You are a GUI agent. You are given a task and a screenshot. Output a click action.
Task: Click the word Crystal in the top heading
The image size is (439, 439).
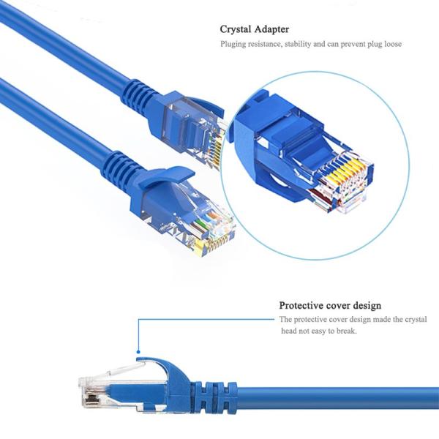(236, 29)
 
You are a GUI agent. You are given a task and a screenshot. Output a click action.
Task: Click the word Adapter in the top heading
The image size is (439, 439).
(272, 29)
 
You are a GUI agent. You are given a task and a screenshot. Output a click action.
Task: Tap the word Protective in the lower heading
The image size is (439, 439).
(301, 305)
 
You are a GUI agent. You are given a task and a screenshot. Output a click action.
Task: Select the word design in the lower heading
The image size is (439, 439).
(365, 305)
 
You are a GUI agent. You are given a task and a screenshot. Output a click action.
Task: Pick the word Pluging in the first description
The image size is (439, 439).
(235, 44)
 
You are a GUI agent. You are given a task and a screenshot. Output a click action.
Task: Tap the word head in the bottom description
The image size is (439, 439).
(289, 331)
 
